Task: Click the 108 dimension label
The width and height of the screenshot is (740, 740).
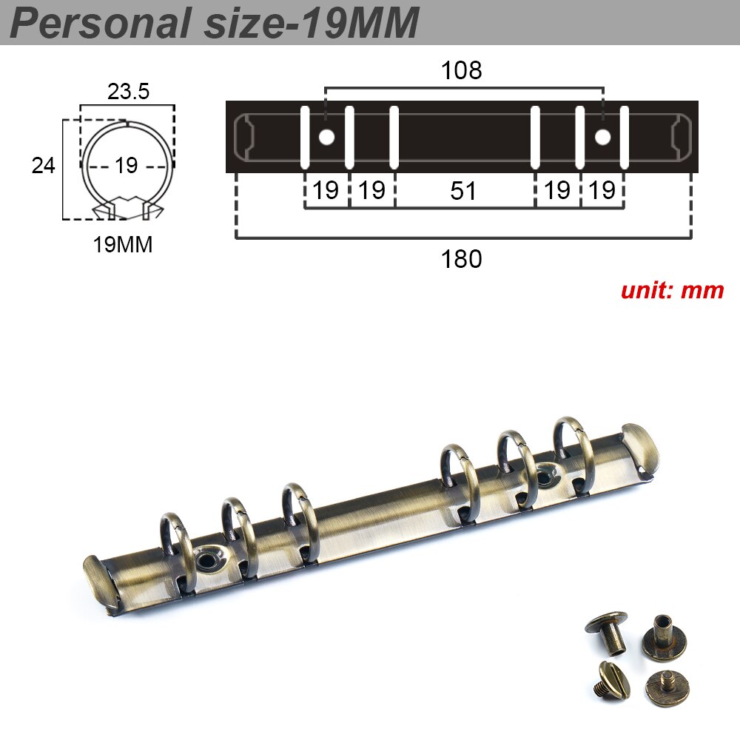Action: pos(461,70)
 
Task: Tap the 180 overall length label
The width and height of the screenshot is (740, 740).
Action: pos(461,259)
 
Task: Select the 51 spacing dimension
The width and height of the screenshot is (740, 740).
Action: pos(463,191)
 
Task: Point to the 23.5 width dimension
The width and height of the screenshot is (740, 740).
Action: pos(128,91)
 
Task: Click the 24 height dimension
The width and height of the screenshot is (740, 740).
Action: pos(43,165)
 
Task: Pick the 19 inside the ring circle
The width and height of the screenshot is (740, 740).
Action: pos(127,166)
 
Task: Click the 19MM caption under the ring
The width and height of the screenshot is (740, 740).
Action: pos(123,245)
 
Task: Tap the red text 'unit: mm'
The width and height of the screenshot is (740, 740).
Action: pos(672,290)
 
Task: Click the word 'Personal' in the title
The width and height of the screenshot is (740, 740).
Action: pos(100,24)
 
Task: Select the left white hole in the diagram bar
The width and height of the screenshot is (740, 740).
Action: pos(326,137)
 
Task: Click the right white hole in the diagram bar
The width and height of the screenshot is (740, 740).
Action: pos(603,137)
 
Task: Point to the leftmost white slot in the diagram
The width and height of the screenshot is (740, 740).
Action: pos(304,137)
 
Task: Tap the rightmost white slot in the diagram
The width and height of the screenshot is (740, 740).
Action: pos(625,137)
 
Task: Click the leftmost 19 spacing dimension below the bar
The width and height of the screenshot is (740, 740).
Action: pos(326,191)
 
